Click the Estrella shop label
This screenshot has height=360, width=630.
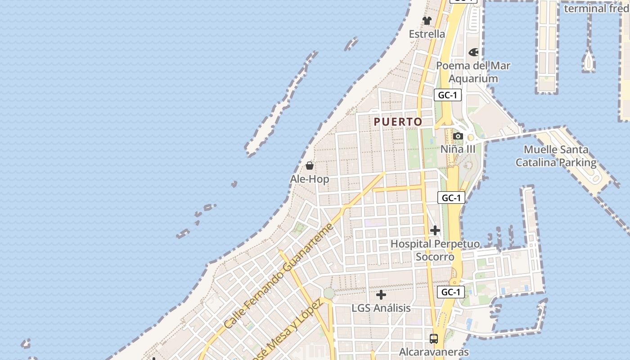[x=427, y=34]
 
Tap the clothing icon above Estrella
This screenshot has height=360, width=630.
[x=427, y=21]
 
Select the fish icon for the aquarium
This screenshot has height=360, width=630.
[x=473, y=52]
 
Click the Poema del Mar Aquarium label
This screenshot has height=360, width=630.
[x=473, y=72]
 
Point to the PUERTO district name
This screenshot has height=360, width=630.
[x=398, y=121]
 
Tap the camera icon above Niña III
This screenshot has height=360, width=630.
[x=458, y=136]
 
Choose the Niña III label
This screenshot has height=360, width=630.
[x=458, y=149]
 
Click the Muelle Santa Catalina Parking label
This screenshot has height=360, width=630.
[x=556, y=156]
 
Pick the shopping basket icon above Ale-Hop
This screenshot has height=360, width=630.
[x=309, y=166]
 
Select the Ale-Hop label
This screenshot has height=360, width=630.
[x=309, y=179]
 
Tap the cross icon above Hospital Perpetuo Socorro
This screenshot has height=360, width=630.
[x=435, y=230]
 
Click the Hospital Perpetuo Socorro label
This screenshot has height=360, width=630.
[x=435, y=250]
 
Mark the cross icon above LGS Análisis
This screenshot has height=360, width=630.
[x=381, y=295]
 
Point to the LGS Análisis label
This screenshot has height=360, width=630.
[x=381, y=308]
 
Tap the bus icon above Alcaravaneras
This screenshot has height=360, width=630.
[x=434, y=339]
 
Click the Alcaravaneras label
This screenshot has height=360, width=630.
[x=434, y=352]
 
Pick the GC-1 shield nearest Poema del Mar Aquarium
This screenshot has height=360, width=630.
[x=448, y=95]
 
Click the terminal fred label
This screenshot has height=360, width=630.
[x=596, y=8]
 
